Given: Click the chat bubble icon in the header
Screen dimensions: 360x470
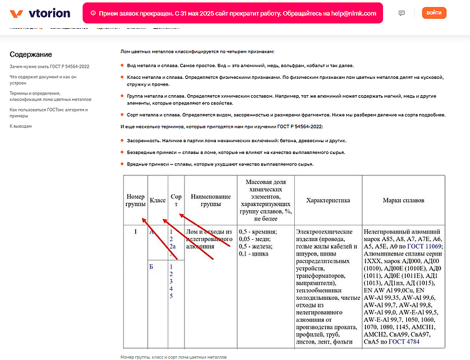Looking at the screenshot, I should [401, 13].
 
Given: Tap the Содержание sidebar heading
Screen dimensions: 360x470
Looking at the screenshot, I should [31, 54].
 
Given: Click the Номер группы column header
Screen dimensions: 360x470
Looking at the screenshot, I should [135, 200].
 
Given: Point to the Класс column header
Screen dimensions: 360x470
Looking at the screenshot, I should [158, 200].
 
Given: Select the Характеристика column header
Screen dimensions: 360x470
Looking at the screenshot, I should [327, 200].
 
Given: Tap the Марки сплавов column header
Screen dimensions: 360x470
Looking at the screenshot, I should [403, 200].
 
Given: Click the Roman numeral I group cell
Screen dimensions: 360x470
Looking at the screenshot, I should [135, 232].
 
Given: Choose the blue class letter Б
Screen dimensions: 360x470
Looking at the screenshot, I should [151, 267].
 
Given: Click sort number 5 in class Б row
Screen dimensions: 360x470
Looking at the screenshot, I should [171, 296].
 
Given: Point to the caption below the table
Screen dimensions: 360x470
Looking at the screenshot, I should [173, 356].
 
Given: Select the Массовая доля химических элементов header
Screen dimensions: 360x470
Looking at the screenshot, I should [265, 200].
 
